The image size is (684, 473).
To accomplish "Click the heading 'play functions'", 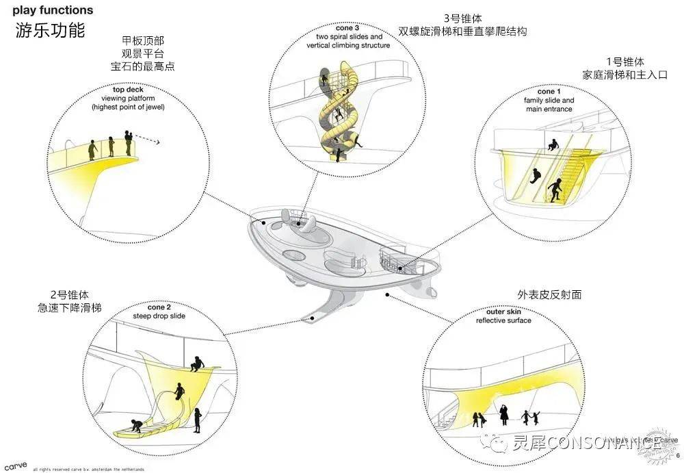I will point(53,11).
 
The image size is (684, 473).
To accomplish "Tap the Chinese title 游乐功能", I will point(50,31).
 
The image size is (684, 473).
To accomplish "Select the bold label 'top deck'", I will point(128,90).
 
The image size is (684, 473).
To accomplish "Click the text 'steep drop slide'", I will point(160,316).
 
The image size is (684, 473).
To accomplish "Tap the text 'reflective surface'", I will point(504,320).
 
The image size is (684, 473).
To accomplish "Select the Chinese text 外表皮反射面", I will point(550,295).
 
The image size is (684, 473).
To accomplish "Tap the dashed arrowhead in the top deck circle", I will point(158,143).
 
